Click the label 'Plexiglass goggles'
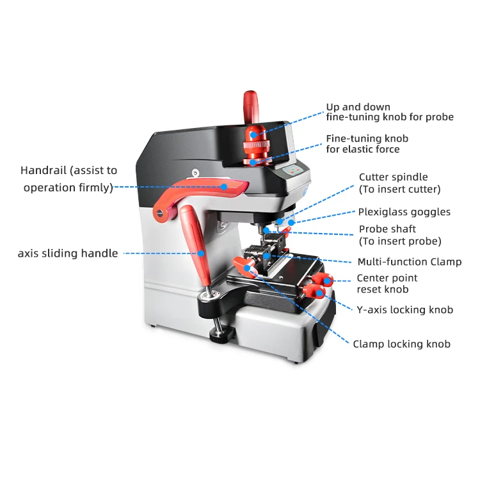(404, 212)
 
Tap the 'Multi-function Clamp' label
(410, 262)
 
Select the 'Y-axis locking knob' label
(404, 310)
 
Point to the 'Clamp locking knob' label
(402, 344)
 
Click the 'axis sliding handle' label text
(68, 253)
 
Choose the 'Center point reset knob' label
(387, 284)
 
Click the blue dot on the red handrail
(224, 186)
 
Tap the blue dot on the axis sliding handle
(201, 253)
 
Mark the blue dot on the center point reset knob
(327, 281)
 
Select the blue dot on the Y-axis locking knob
(319, 293)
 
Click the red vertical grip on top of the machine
(251, 107)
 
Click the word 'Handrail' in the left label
(42, 170)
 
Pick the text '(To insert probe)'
(400, 241)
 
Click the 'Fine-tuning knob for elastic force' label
(367, 144)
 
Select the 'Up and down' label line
(358, 107)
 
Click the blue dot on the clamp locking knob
(247, 268)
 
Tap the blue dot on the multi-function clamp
(267, 256)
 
